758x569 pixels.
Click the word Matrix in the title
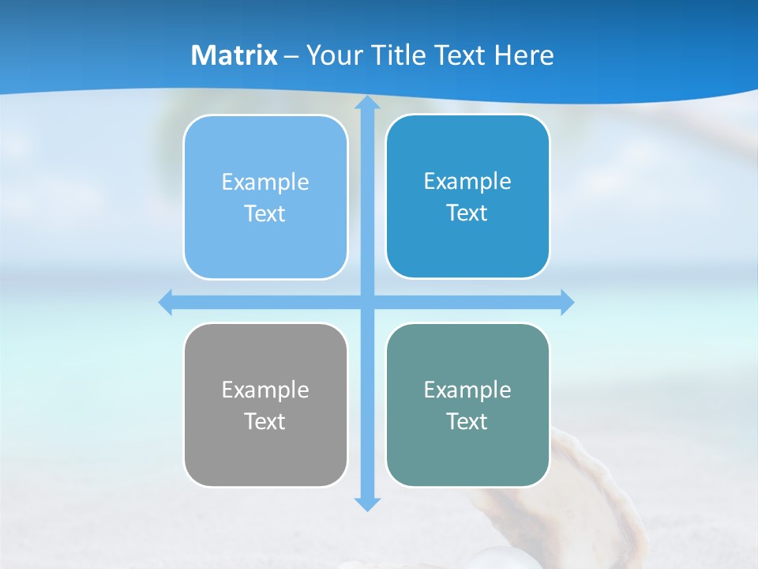coord(235,55)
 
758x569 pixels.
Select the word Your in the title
coord(336,55)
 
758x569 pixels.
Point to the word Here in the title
coord(523,55)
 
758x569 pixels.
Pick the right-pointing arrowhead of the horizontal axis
coord(566,302)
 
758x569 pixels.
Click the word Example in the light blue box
coord(265,183)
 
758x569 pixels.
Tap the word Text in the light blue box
coord(265,213)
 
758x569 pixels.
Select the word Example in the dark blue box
coord(467,182)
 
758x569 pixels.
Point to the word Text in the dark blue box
coord(467,213)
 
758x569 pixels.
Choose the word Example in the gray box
coord(265,390)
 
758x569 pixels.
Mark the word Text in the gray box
coord(265,421)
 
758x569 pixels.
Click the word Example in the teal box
coord(467,390)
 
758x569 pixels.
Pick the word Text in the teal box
coord(467,421)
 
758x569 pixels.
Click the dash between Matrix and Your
coord(291,56)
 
